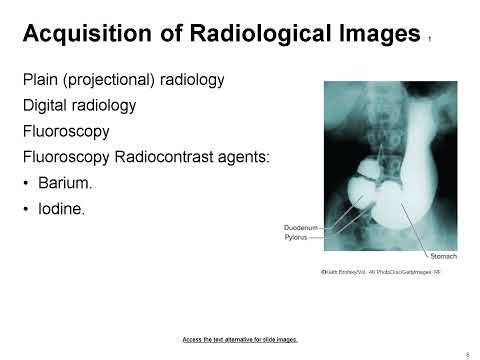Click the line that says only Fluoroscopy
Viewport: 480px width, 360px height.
point(67,130)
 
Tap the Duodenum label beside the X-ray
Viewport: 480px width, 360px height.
point(301,228)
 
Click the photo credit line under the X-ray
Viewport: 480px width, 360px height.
point(373,272)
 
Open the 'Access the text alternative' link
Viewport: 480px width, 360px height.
point(240,338)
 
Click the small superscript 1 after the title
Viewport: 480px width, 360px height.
point(430,41)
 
